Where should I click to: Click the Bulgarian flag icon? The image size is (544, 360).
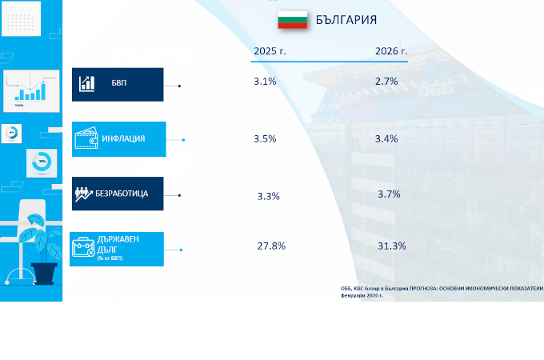(292, 19)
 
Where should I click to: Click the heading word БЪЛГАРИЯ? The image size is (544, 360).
(346, 20)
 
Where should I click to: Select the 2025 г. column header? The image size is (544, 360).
(270, 51)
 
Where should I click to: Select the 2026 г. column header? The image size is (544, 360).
(391, 51)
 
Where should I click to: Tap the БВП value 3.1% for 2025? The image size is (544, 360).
(265, 82)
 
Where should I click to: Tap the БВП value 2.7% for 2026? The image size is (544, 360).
(386, 82)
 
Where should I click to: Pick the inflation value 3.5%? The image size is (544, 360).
(265, 138)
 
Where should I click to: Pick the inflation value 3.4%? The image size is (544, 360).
(386, 138)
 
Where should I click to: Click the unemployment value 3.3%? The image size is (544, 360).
(268, 196)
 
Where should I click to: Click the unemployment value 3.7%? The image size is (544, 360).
(389, 194)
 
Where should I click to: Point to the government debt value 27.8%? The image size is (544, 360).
(271, 246)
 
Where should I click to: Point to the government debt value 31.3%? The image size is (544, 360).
(392, 246)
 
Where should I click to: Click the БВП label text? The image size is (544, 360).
(119, 83)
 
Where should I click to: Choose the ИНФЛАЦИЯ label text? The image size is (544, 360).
(123, 139)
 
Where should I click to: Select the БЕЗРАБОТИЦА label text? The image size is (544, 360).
(122, 194)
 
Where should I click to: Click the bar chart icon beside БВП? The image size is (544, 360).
(87, 83)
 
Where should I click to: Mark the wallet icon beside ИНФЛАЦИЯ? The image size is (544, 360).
(86, 139)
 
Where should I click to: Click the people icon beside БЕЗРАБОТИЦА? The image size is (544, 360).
(84, 194)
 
